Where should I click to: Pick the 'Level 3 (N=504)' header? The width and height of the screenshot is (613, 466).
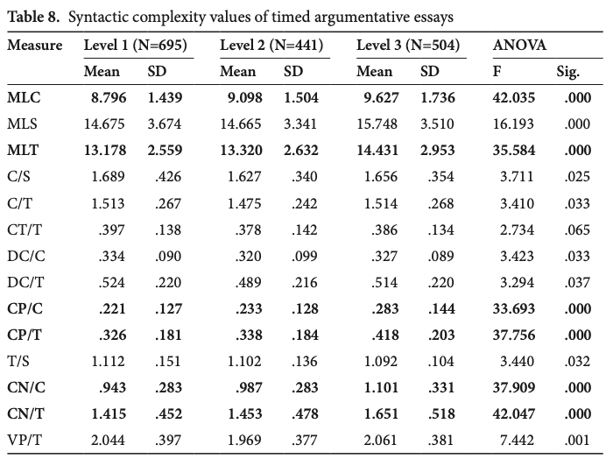[x=410, y=45]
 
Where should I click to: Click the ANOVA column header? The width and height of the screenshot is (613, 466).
[x=520, y=45]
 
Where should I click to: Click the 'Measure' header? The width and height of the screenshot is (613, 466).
[x=35, y=45]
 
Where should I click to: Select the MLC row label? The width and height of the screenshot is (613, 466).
[x=24, y=99]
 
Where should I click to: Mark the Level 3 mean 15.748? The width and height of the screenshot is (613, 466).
[x=378, y=124]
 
